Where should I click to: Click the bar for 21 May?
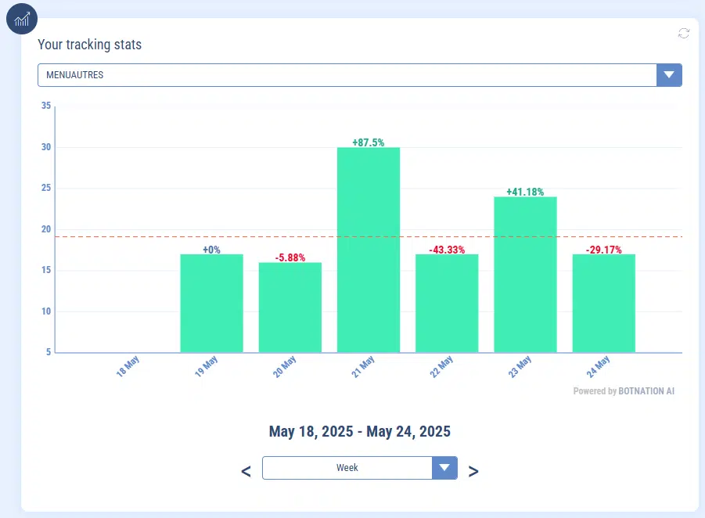pos(369,250)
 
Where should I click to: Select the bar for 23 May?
pos(525,275)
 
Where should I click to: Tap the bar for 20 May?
pos(290,308)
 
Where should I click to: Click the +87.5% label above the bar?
pos(369,142)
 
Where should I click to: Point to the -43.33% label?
pos(447,250)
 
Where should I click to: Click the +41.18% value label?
pos(525,192)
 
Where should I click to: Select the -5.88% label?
pos(290,257)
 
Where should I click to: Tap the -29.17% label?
pos(603,250)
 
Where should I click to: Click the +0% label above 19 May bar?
pos(211,250)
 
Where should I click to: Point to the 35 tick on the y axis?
pos(46,106)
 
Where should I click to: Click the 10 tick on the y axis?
pos(46,311)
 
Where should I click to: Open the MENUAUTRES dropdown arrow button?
pos(669,75)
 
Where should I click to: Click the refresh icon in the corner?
pos(684,33)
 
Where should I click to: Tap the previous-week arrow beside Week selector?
pos(246,471)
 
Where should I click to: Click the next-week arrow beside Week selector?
pos(473,471)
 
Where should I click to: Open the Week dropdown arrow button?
pos(444,468)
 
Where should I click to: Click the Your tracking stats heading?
pos(90,45)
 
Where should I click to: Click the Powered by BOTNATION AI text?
pos(624,391)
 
